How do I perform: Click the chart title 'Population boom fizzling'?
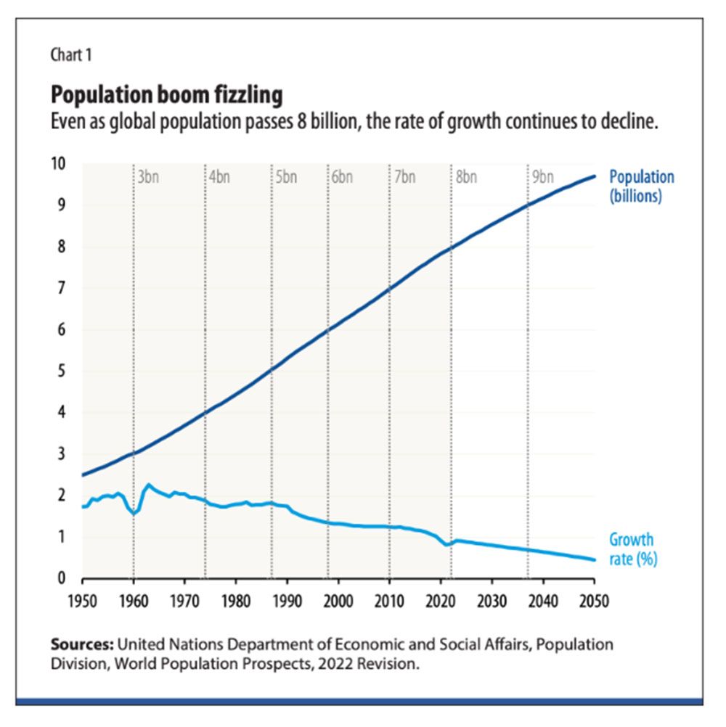click(x=166, y=94)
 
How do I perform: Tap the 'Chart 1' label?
click(x=70, y=54)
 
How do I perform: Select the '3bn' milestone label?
click(x=147, y=177)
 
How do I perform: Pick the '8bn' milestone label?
click(x=466, y=177)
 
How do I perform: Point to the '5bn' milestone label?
click(x=286, y=177)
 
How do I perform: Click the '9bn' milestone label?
click(x=542, y=177)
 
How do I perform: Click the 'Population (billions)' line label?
click(x=641, y=186)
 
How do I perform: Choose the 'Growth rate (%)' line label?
click(x=632, y=549)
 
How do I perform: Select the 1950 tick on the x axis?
click(x=83, y=601)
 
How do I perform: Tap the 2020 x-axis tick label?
click(x=441, y=601)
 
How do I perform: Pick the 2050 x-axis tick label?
click(x=594, y=601)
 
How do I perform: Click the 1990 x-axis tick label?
click(x=287, y=601)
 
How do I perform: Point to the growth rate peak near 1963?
click(x=149, y=485)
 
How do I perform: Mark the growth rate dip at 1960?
click(x=134, y=514)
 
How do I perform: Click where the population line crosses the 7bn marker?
click(x=390, y=289)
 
